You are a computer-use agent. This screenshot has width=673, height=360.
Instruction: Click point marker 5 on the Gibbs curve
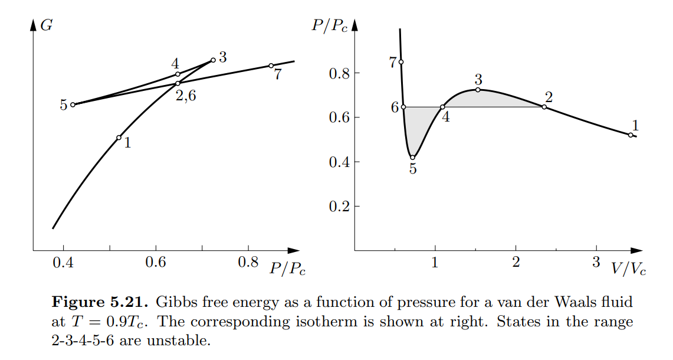click(x=73, y=105)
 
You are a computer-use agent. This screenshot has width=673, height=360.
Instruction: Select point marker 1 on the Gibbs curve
click(x=119, y=138)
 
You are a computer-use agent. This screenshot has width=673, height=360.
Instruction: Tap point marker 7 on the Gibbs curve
click(x=271, y=66)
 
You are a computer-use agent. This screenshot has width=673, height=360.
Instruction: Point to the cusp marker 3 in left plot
click(x=213, y=60)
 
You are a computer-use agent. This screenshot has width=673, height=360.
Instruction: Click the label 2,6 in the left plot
click(x=186, y=96)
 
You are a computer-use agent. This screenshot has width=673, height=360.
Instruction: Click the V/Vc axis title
click(x=629, y=269)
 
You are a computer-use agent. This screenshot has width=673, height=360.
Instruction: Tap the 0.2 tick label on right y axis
click(x=339, y=207)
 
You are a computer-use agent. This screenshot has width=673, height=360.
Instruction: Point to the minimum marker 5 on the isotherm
click(x=413, y=157)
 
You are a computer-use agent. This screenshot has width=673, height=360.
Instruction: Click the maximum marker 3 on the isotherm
click(x=477, y=90)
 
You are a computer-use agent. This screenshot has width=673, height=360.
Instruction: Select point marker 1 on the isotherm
click(x=631, y=135)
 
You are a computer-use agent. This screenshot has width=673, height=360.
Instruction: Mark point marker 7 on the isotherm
click(x=401, y=62)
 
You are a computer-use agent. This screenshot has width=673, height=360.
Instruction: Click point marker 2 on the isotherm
click(x=544, y=107)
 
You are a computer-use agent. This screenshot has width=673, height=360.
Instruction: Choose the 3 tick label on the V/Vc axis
click(x=596, y=262)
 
